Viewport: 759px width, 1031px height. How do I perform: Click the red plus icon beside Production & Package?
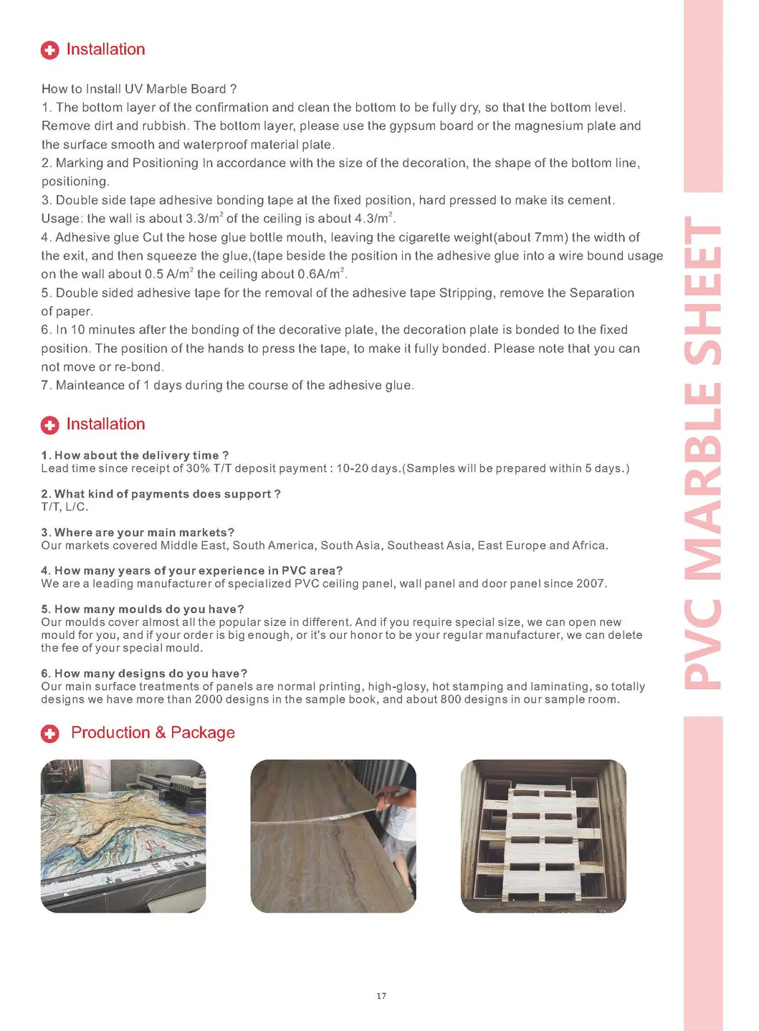[49, 733]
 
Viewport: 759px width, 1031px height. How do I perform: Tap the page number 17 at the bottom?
[381, 996]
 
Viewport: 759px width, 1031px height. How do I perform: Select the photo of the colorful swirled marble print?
[123, 836]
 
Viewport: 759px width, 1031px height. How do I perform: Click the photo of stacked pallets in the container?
[543, 836]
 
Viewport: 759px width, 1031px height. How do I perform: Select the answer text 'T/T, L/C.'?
[65, 507]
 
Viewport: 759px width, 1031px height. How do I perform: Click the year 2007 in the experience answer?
[591, 584]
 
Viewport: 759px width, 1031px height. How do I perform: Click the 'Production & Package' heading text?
[153, 733]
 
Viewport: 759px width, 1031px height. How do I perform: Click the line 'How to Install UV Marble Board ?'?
[139, 89]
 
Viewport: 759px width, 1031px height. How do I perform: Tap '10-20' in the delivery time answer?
[352, 468]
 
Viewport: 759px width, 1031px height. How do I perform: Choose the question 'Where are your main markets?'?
[138, 532]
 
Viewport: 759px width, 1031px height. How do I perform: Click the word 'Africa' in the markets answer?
[588, 546]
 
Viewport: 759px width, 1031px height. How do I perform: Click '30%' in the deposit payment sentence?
[198, 468]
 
